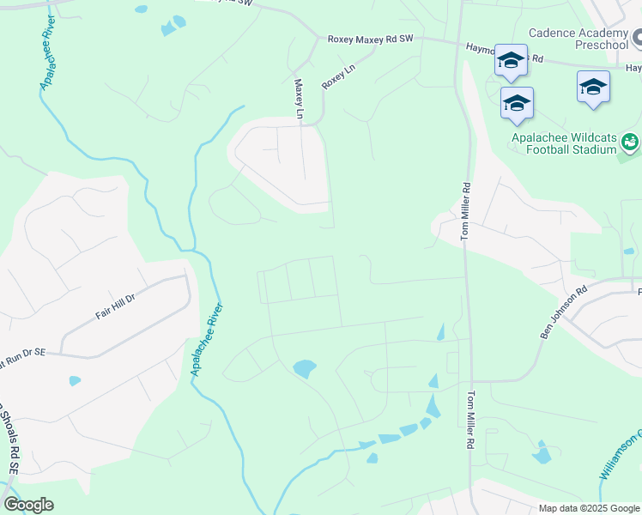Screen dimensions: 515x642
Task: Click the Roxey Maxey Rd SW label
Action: point(371,39)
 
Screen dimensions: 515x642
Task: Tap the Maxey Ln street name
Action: point(299,99)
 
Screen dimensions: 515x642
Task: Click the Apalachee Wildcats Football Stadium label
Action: point(564,142)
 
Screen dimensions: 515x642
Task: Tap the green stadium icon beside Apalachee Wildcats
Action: point(631,141)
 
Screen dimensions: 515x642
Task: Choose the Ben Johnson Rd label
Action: point(562,312)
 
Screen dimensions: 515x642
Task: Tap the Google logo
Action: point(28,505)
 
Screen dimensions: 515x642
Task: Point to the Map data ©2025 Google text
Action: point(588,508)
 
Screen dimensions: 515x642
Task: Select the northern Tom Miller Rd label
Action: point(466,210)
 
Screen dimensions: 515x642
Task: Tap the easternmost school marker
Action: point(593,88)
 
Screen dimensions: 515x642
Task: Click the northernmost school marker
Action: point(511,60)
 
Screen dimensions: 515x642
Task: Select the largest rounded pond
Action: point(304,369)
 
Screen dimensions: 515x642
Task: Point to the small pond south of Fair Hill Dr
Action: point(75,380)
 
